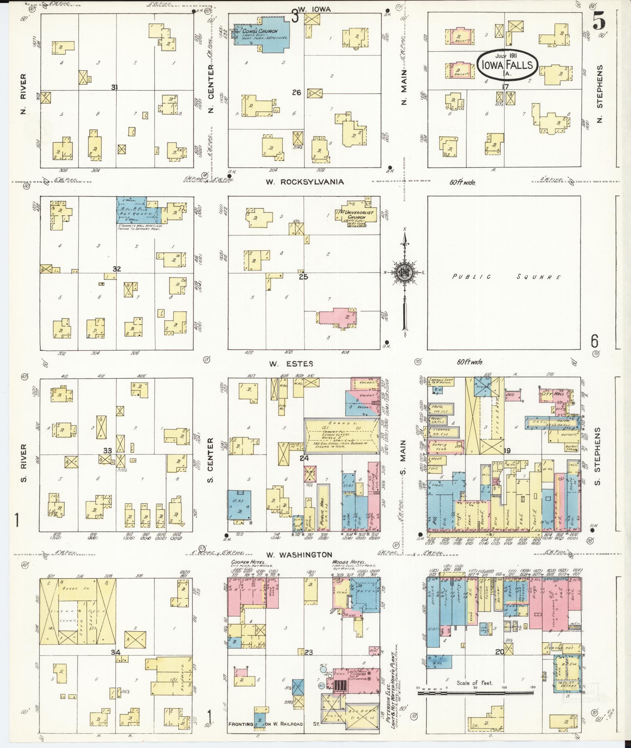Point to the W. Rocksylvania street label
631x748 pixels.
[x=305, y=182]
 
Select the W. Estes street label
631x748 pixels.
[x=291, y=364]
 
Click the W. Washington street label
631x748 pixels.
[x=299, y=554]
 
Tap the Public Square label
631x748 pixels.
[x=506, y=277]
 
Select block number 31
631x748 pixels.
[x=114, y=88]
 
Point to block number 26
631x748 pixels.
[x=296, y=93]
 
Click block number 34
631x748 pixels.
[x=115, y=652]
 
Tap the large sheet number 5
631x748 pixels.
[x=599, y=20]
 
